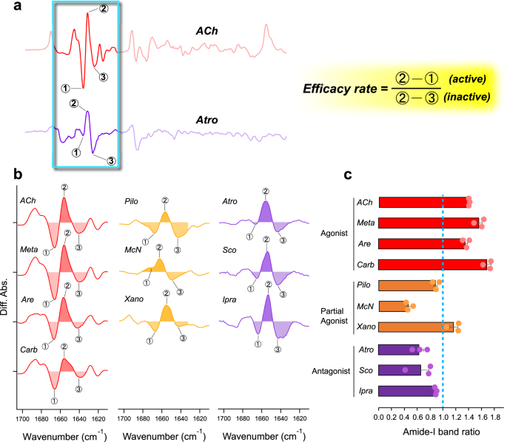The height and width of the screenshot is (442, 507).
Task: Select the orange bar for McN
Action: [x=392, y=306]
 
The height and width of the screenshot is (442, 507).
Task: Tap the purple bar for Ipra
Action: [x=408, y=390]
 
